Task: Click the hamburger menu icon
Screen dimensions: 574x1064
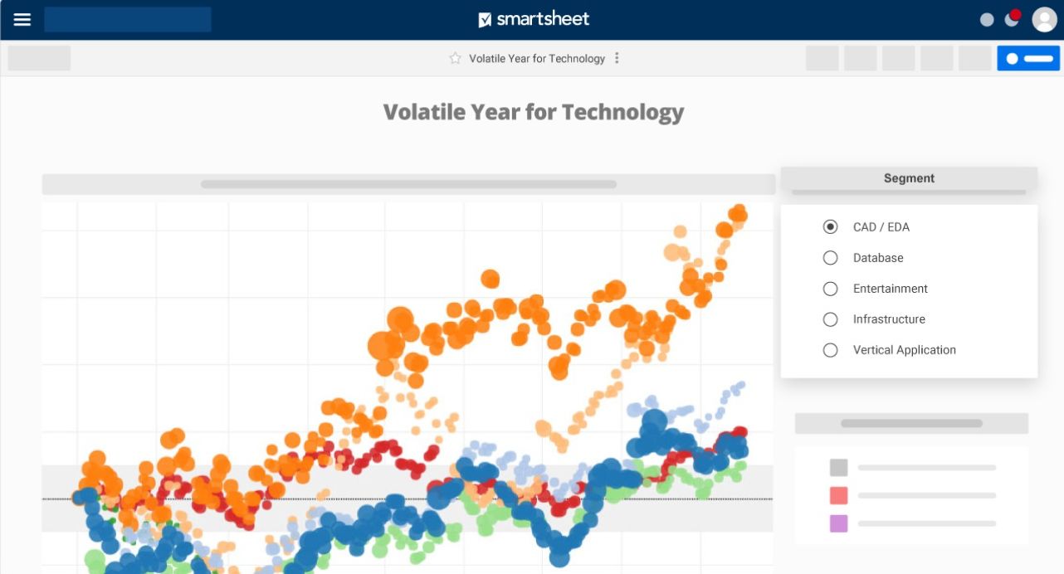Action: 22,19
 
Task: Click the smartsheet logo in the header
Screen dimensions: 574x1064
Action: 534,19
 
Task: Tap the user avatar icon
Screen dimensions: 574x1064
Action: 1043,19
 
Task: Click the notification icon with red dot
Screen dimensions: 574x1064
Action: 1012,18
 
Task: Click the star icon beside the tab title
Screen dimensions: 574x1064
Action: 455,58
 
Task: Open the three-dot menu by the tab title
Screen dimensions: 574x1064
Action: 617,58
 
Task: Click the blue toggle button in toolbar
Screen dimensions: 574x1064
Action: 1028,58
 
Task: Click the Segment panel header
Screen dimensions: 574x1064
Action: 909,178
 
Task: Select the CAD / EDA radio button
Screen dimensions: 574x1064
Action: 830,226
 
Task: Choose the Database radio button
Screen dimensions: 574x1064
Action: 830,258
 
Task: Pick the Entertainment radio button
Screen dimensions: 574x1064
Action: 830,289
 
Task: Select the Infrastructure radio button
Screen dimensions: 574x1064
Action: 830,319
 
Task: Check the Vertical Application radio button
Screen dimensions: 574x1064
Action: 830,350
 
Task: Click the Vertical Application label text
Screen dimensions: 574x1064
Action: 904,350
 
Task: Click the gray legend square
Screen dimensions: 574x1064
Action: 838,468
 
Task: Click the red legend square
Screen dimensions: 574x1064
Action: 838,496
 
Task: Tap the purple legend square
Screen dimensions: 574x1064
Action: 838,523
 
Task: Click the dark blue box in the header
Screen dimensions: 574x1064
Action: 128,19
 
